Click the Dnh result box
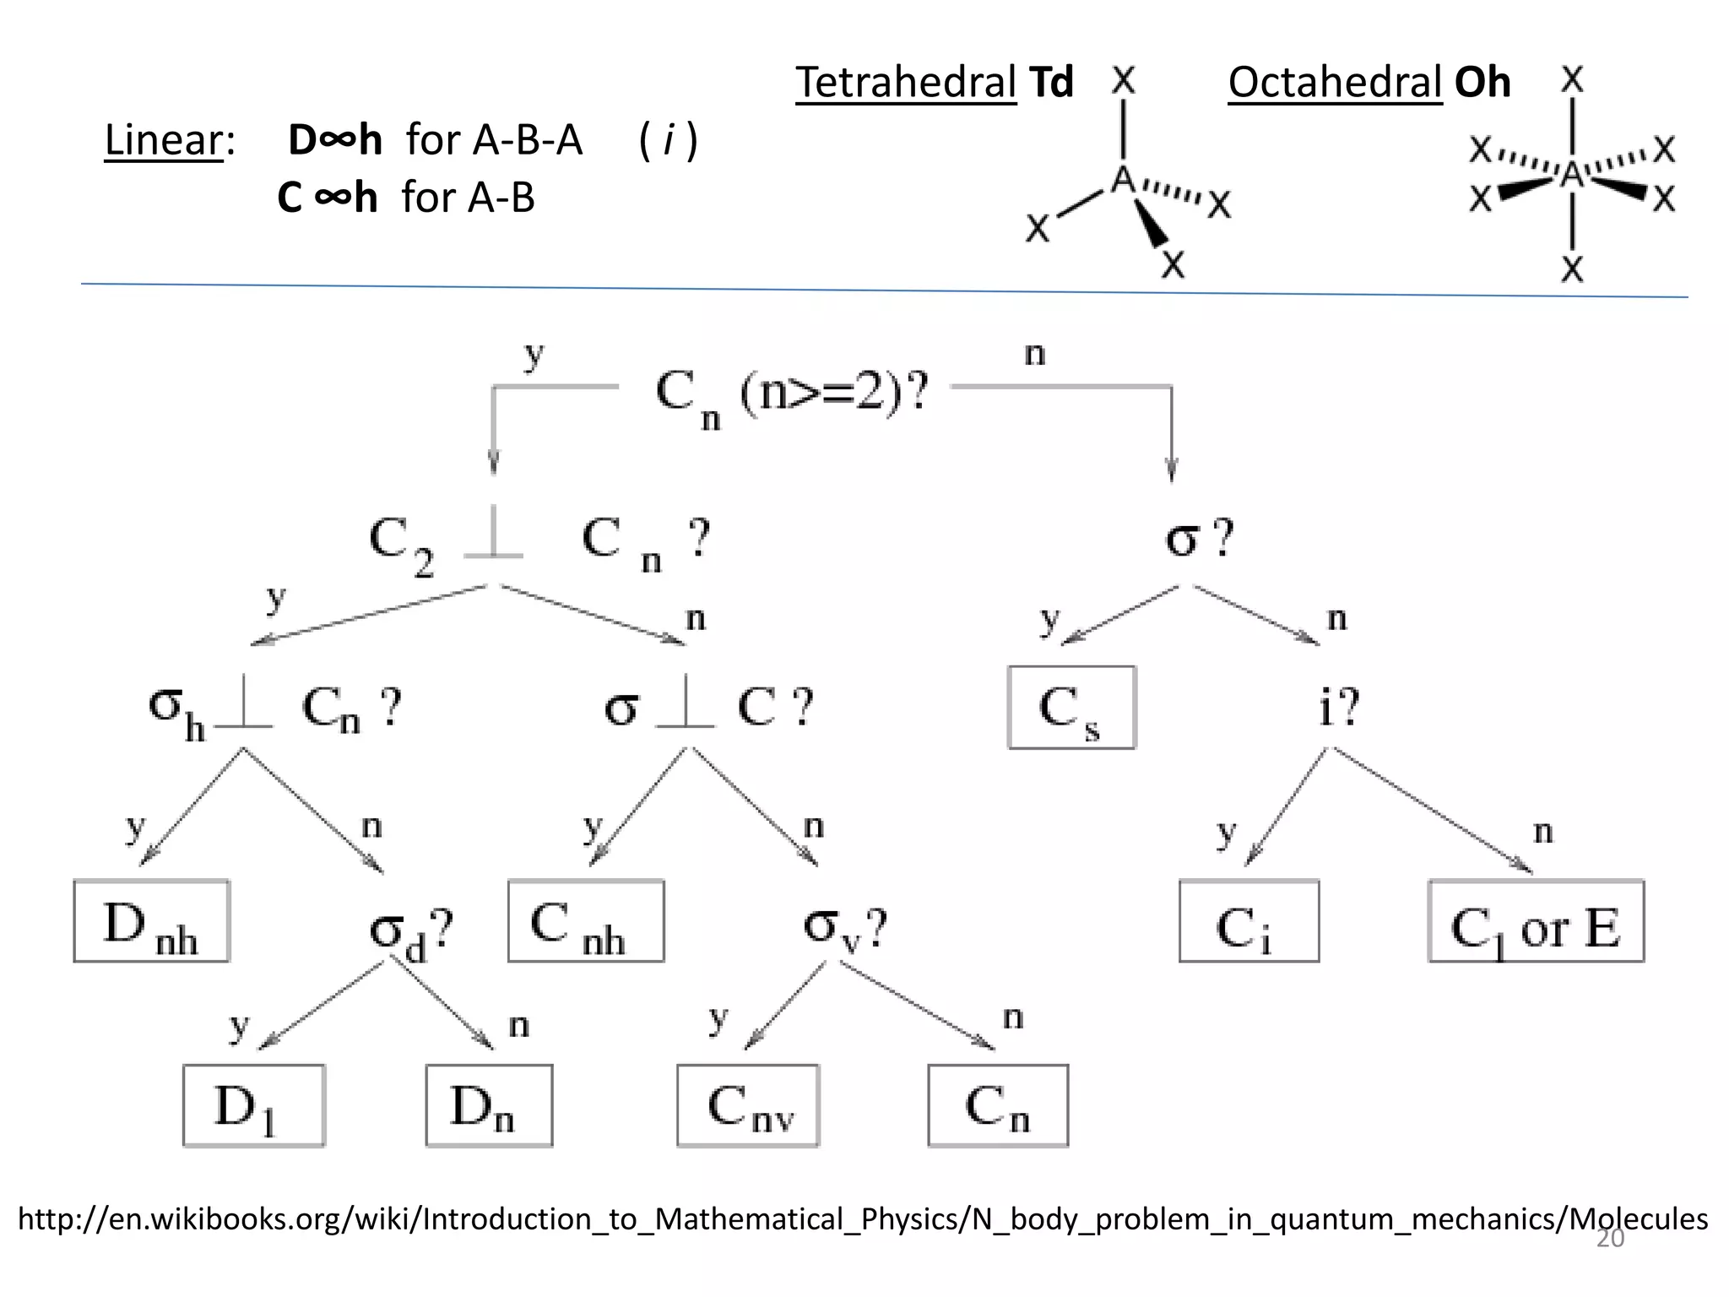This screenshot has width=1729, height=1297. point(151,921)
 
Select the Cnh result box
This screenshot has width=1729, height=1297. point(586,921)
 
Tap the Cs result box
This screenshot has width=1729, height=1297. point(1071,708)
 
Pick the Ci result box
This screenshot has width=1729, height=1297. point(1249,921)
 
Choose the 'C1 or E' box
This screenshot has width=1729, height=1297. point(1536,921)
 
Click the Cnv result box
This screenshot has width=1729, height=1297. point(748,1105)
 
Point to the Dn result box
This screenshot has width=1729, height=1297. point(489,1105)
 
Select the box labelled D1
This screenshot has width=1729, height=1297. point(253,1105)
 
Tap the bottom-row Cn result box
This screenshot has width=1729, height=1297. point(998,1105)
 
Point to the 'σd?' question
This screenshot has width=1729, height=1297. point(411,932)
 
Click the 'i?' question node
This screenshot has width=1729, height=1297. point(1339,707)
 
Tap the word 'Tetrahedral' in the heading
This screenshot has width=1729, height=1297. point(906,83)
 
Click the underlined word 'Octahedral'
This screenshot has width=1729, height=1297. point(1335,83)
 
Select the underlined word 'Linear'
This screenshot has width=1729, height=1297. point(164,140)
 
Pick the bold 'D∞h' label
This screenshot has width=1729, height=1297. point(334,140)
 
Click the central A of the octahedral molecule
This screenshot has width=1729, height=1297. point(1572,175)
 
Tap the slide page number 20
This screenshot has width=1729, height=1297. point(1610,1239)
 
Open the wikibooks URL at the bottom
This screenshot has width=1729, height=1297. point(861,1218)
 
